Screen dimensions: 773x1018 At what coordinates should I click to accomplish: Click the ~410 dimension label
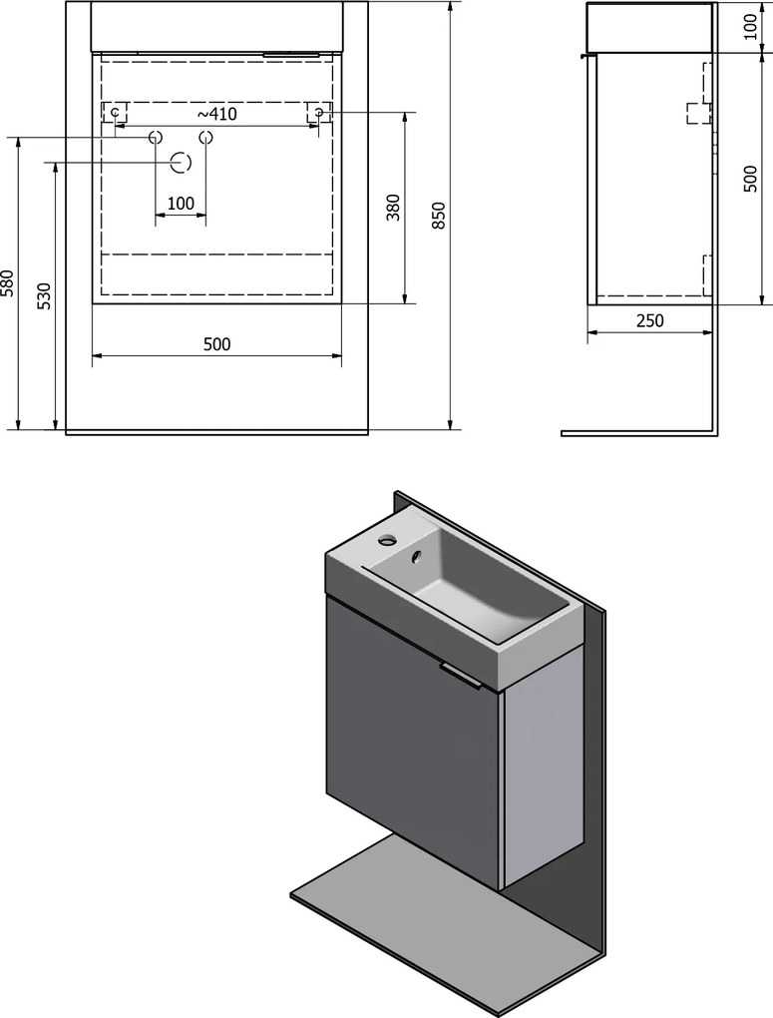(x=216, y=114)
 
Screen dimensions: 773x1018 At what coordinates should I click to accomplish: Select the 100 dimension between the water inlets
(x=181, y=204)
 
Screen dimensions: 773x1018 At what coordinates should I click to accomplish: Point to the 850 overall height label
(x=440, y=216)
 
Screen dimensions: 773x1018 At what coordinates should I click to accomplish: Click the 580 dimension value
(x=8, y=283)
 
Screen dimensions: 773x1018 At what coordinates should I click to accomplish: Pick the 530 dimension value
(x=44, y=296)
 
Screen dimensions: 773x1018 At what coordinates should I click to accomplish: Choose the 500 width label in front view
(x=216, y=344)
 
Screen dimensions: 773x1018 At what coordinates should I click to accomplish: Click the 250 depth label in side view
(x=649, y=320)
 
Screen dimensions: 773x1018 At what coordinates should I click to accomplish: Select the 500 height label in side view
(x=750, y=179)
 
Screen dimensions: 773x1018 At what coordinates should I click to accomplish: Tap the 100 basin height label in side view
(x=750, y=27)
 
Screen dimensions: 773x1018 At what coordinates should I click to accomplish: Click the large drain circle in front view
(x=181, y=163)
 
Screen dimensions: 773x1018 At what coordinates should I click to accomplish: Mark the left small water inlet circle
(x=156, y=138)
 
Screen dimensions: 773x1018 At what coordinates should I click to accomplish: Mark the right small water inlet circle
(x=205, y=138)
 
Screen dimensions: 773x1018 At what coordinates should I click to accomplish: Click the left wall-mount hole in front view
(x=116, y=113)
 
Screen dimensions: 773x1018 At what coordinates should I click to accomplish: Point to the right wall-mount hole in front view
(x=319, y=113)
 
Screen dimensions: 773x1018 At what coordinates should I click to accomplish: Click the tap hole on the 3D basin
(x=388, y=538)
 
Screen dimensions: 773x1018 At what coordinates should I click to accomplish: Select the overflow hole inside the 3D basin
(x=415, y=556)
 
